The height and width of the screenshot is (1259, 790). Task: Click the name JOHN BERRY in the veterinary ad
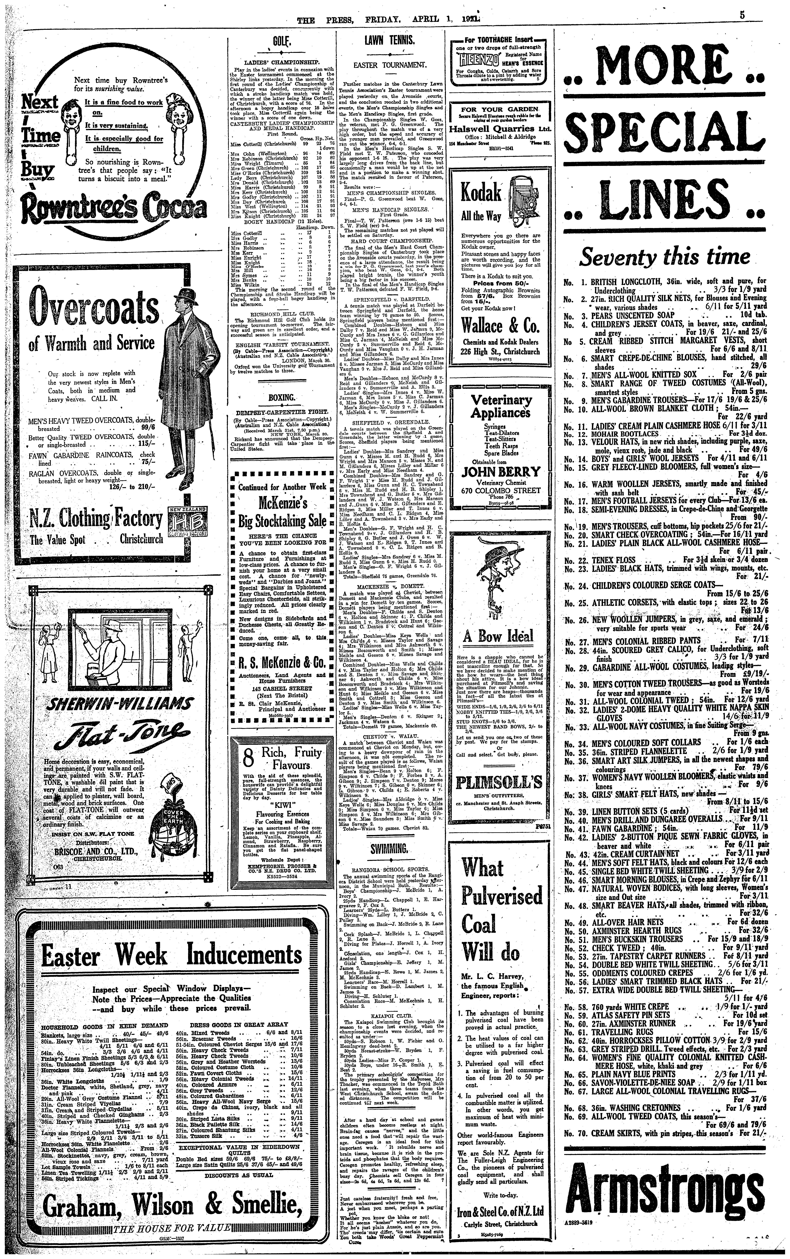500,472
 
